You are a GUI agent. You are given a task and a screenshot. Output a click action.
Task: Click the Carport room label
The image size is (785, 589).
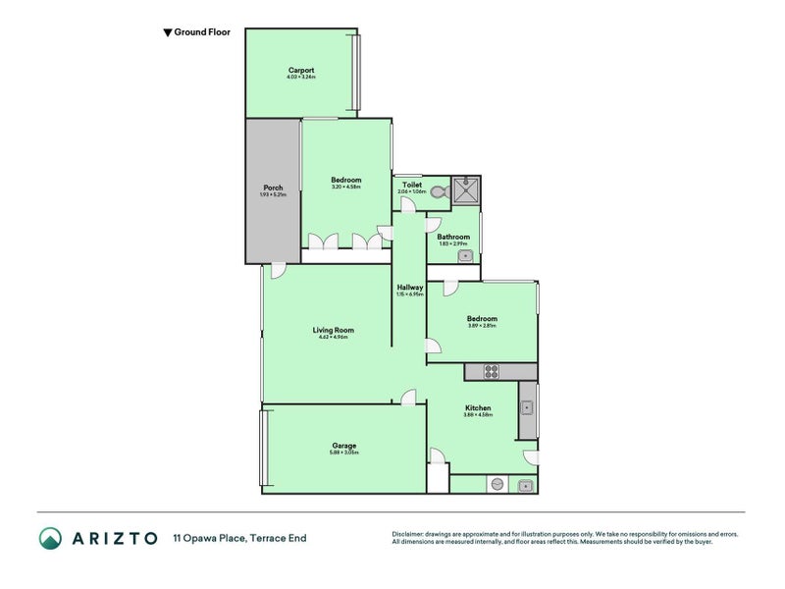click(x=301, y=70)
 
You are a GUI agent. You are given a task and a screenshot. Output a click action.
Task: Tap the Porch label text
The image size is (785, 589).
click(x=273, y=187)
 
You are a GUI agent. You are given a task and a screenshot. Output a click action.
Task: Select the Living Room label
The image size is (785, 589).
click(x=334, y=330)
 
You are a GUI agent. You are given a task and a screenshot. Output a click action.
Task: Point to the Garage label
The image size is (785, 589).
click(x=343, y=445)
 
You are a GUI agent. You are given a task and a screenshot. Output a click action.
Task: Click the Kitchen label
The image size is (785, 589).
click(x=478, y=407)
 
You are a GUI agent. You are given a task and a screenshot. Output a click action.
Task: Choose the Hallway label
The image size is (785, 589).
click(x=410, y=288)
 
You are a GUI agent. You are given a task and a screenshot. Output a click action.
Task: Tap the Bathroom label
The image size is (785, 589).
click(x=453, y=237)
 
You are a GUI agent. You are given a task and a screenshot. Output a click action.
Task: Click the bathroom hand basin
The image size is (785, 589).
click(x=465, y=255)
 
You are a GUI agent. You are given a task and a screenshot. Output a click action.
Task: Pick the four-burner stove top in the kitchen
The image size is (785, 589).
click(x=490, y=371)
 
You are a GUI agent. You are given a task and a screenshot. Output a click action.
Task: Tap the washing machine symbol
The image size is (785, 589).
click(x=497, y=484)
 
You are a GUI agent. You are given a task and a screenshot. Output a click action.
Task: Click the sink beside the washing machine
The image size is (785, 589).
click(x=525, y=484)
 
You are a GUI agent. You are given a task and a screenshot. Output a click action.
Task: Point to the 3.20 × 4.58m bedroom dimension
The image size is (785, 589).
click(x=345, y=187)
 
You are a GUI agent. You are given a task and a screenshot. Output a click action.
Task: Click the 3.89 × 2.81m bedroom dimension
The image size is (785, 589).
click(x=482, y=326)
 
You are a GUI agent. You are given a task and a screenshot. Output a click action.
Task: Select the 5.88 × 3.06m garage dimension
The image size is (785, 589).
click(x=343, y=453)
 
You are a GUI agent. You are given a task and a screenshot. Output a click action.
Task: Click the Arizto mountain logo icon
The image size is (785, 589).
click(x=50, y=537)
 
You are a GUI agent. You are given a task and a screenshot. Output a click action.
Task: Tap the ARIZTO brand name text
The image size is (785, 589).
click(x=114, y=538)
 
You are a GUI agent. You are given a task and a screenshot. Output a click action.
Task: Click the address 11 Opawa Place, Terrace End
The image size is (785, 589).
click(x=239, y=538)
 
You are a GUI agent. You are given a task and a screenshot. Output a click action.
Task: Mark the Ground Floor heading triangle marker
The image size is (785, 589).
click(x=167, y=32)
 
